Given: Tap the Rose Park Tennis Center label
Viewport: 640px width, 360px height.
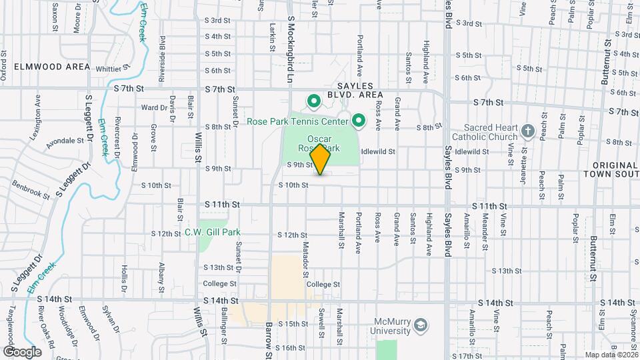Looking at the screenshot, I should pos(297,121).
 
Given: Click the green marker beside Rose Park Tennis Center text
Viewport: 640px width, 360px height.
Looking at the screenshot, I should pos(359,121).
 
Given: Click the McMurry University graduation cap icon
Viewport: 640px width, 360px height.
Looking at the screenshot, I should pos(421,325).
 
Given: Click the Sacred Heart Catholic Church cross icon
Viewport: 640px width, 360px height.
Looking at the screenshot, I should pos(528,131).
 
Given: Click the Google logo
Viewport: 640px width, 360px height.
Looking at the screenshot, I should pos(22,351).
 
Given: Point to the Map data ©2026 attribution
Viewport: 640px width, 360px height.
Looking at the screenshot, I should pos(610,355).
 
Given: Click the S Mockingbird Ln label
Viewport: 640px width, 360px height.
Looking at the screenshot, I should pos(291,49).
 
